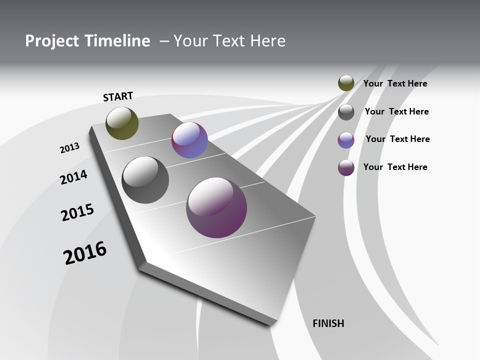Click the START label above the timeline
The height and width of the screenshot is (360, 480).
click(x=118, y=96)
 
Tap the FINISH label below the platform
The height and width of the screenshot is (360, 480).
click(x=328, y=323)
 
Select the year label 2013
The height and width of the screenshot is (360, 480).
click(x=69, y=148)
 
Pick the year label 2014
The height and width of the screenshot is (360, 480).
click(x=73, y=177)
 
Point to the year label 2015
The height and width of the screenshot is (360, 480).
click(x=77, y=212)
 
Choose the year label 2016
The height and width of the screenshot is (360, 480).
click(x=85, y=253)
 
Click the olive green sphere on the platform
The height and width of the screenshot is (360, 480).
click(x=122, y=123)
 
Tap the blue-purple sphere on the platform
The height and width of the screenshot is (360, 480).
click(x=189, y=140)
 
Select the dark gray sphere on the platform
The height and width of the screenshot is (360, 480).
click(x=145, y=180)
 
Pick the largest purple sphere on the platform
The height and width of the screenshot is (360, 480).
click(x=216, y=207)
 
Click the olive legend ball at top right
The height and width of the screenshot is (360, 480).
click(x=346, y=83)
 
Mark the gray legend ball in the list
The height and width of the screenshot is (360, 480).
click(x=346, y=112)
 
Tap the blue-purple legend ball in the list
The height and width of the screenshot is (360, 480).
click(x=346, y=140)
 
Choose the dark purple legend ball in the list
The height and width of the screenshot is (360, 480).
click(x=346, y=167)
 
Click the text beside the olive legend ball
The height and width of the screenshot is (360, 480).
click(x=395, y=83)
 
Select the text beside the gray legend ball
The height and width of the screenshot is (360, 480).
click(x=396, y=111)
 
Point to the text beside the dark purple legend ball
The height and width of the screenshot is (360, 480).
click(x=395, y=167)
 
